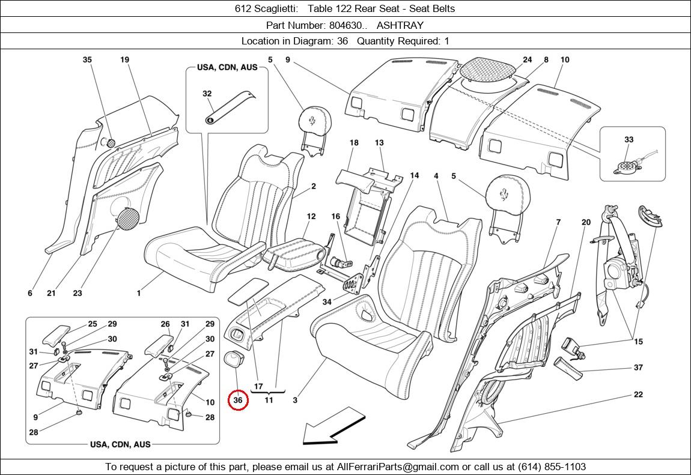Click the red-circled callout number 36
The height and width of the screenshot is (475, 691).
(x=238, y=400)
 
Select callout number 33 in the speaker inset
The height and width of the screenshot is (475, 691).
(x=629, y=139)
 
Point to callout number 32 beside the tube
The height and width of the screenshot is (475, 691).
(x=207, y=94)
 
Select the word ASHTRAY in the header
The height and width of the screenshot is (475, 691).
(x=400, y=25)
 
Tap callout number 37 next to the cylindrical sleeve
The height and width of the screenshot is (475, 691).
(x=638, y=368)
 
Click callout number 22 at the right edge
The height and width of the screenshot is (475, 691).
(x=638, y=395)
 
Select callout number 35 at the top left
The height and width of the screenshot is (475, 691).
(x=87, y=59)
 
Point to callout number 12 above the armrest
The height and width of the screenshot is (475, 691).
(x=311, y=216)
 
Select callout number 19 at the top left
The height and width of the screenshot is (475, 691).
(x=124, y=59)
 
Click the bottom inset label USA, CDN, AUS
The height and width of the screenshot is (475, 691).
(x=120, y=444)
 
